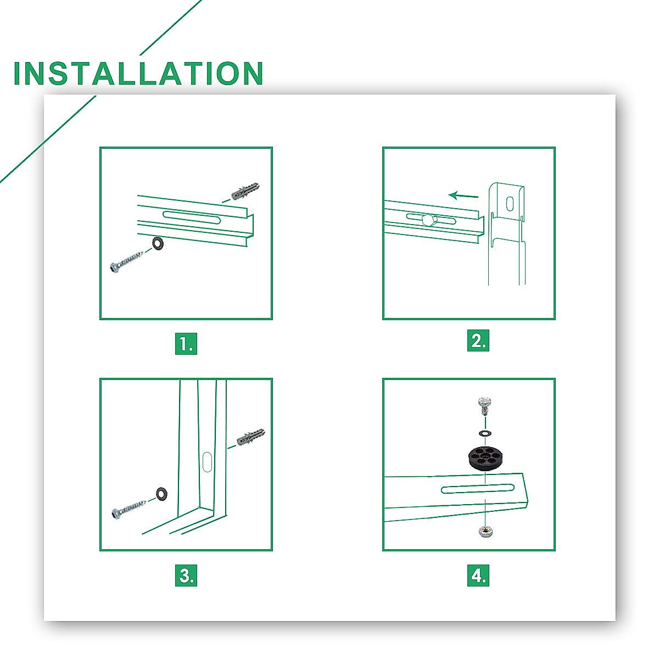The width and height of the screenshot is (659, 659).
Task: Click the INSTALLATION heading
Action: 138,73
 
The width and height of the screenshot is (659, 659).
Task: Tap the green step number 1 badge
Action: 186,343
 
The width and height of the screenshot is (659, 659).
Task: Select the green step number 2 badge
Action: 478,340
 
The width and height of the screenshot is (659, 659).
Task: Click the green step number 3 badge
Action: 186,575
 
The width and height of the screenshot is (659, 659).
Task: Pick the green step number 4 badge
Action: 478,575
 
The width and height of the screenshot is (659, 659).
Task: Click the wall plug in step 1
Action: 245,191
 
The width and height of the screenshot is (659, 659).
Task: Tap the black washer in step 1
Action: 158,243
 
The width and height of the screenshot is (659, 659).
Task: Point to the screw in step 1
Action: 126,261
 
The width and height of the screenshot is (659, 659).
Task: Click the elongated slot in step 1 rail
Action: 191,217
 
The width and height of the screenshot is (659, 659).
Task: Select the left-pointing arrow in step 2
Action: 463,196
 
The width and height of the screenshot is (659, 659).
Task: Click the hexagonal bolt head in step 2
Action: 429,219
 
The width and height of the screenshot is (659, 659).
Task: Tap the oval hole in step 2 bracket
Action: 510,203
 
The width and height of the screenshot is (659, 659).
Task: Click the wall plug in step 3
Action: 250,437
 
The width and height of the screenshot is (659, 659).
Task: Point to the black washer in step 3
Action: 161,494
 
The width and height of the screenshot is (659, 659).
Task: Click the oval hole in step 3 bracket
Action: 207,462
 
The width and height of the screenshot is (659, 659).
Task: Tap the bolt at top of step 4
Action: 484,406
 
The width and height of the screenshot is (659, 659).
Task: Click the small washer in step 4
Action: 485,433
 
